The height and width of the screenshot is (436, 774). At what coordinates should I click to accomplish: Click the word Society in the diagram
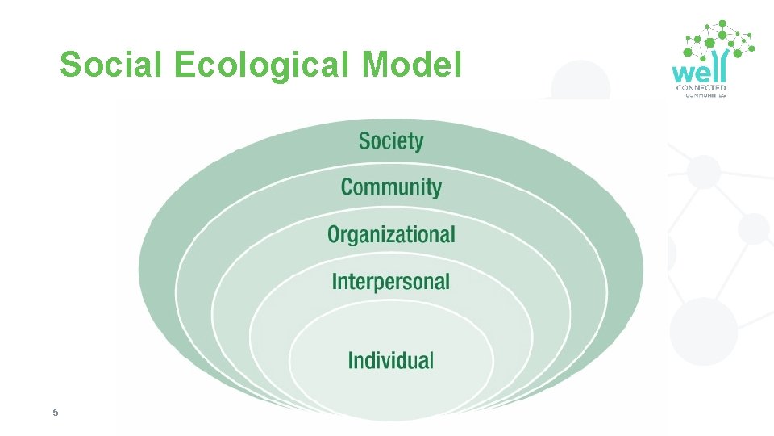click(391, 141)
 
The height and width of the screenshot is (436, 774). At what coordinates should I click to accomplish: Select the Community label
click(391, 187)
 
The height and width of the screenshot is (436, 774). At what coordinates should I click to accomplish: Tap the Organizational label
click(391, 235)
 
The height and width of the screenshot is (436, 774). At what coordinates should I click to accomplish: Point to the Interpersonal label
click(391, 282)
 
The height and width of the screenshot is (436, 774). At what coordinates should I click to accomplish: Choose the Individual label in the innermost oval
click(391, 360)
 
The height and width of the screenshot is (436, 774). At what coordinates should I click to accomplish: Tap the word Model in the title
click(412, 65)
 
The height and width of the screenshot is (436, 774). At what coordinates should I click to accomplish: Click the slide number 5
click(55, 413)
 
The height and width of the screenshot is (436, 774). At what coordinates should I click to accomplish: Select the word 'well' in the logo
click(700, 68)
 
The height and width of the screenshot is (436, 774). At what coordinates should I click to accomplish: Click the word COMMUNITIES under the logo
click(705, 95)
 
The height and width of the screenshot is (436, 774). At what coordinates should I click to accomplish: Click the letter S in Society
click(365, 141)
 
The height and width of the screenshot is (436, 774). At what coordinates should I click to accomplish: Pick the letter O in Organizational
click(335, 235)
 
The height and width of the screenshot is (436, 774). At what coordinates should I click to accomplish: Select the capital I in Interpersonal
click(335, 282)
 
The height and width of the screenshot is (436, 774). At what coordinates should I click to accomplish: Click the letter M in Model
click(377, 65)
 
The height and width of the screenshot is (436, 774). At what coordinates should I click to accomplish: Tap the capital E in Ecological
click(183, 65)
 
